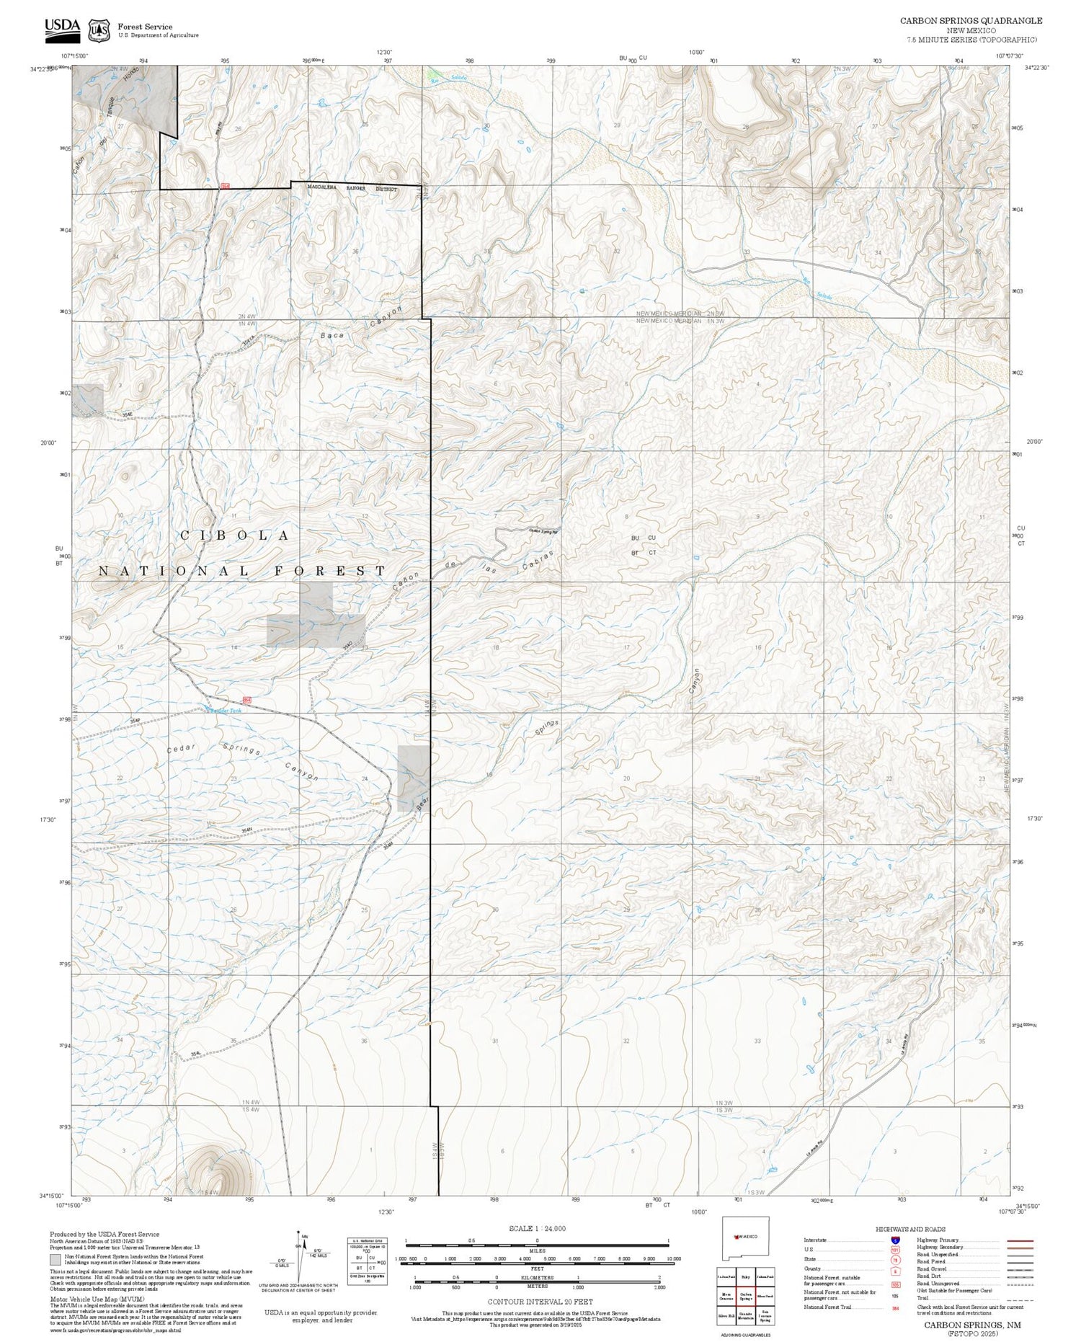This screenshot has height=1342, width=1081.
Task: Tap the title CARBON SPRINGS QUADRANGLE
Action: tap(971, 21)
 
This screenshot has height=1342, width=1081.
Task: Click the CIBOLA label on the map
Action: tap(235, 536)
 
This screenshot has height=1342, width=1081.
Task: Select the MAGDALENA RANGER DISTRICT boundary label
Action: tap(352, 189)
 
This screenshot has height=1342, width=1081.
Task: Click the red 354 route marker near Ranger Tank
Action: tap(247, 700)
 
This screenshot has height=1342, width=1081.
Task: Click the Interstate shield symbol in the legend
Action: tap(895, 1240)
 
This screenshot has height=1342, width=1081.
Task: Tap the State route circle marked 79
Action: tap(895, 1261)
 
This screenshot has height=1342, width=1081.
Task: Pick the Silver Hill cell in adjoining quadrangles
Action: tap(726, 1316)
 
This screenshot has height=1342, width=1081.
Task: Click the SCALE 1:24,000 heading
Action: tap(537, 1229)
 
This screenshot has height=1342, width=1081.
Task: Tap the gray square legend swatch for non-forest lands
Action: tap(55, 1261)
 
